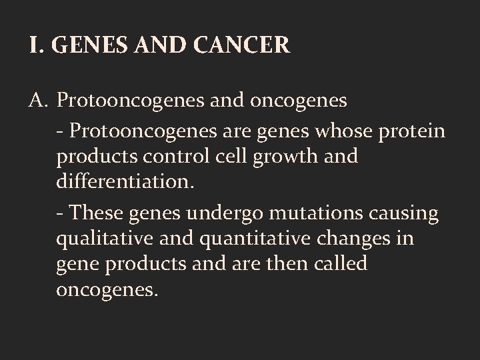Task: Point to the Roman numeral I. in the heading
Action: [x=35, y=45]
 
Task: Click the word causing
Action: [x=408, y=214]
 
